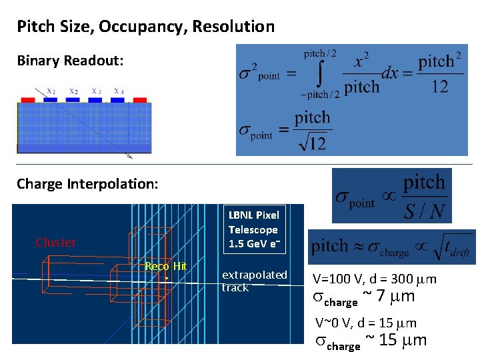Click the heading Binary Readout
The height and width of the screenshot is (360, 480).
click(x=70, y=61)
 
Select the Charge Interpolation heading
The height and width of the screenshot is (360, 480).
click(x=87, y=183)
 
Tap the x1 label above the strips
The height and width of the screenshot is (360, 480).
click(x=51, y=91)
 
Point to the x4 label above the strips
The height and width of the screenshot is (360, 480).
click(x=119, y=91)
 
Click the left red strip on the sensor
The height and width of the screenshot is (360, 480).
click(x=28, y=99)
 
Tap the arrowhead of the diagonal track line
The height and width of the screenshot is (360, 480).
click(x=130, y=157)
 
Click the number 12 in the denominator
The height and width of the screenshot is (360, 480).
click(x=439, y=87)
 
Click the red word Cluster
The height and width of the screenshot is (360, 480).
click(x=55, y=243)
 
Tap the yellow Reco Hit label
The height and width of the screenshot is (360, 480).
click(x=166, y=267)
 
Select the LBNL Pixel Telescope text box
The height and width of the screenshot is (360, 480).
click(x=253, y=229)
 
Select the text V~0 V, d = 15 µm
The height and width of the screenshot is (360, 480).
click(x=365, y=324)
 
